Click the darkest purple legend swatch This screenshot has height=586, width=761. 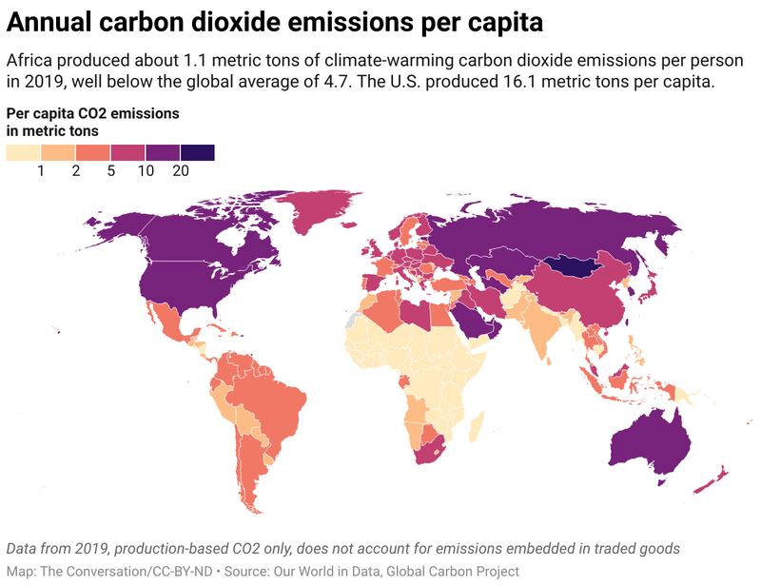197,152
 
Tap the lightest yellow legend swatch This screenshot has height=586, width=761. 24,152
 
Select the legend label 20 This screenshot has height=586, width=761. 181,171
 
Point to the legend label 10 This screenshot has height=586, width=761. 146,171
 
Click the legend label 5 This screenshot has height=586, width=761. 111,171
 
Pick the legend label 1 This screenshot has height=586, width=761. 42,171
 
